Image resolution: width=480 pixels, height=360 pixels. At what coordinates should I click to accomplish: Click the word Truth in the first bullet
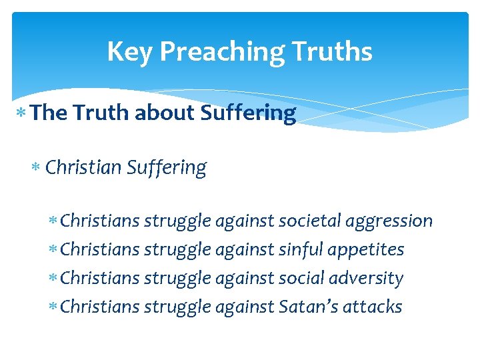pos(102,113)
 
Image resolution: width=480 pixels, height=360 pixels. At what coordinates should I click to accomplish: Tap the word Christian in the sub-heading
pos(83,167)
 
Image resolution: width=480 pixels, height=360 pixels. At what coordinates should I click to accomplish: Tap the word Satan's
pos(309,307)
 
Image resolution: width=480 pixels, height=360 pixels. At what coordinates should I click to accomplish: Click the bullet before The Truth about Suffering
pos(24,113)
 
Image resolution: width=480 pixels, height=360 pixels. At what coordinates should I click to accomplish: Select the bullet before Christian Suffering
pos(38,167)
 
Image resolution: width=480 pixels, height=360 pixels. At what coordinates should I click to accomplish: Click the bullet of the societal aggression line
pos(53,221)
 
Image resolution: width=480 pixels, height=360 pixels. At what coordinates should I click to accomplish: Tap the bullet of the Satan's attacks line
pos(53,307)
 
